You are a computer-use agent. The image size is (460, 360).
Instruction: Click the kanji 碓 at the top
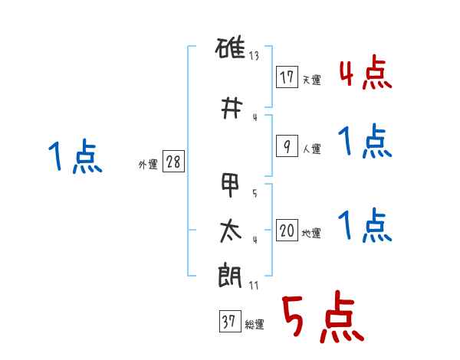pyautogui.click(x=230, y=47)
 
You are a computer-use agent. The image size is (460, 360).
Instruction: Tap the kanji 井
pyautogui.click(x=232, y=108)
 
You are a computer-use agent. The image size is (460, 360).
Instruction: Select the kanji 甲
pyautogui.click(x=231, y=185)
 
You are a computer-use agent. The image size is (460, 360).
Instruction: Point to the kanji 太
pyautogui.click(x=231, y=231)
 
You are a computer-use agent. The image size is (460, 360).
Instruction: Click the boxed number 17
pyautogui.click(x=287, y=77)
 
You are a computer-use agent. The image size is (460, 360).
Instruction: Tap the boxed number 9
pyautogui.click(x=287, y=146)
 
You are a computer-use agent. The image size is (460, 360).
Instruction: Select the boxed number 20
pyautogui.click(x=287, y=230)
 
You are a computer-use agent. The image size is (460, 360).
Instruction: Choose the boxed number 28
pyautogui.click(x=173, y=162)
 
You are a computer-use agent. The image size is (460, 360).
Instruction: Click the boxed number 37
pyautogui.click(x=230, y=321)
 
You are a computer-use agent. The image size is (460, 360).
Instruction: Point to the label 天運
pyautogui.click(x=311, y=80)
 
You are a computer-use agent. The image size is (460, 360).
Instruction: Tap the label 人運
pyautogui.click(x=311, y=149)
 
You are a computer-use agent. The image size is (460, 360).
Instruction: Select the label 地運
pyautogui.click(x=311, y=233)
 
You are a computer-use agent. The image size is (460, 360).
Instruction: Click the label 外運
pyautogui.click(x=148, y=165)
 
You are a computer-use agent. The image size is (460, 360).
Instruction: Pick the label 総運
pyautogui.click(x=255, y=324)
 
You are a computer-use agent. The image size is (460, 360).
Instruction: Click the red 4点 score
pyautogui.click(x=366, y=72)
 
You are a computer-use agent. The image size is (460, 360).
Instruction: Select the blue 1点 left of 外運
pyautogui.click(x=75, y=156)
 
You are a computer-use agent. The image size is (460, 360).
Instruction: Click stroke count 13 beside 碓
pyautogui.click(x=254, y=56)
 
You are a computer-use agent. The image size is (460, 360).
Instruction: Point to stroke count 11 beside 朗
pyautogui.click(x=254, y=285)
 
